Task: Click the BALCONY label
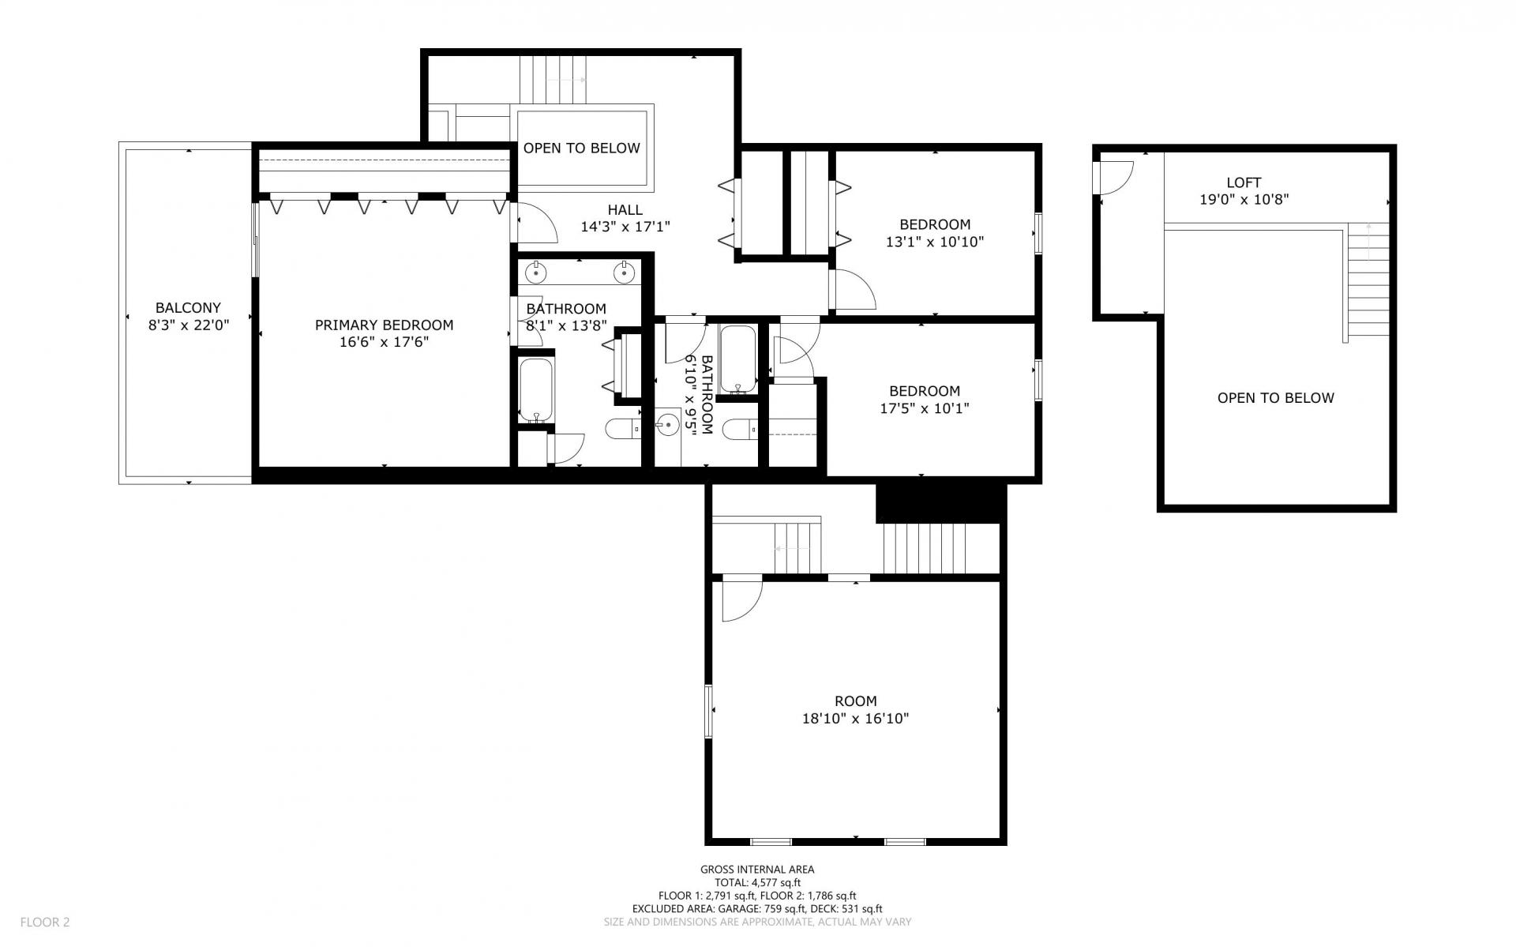pos(188,308)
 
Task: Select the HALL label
pos(625,210)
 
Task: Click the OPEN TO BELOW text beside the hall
pos(581,148)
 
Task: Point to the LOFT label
pos(1244,182)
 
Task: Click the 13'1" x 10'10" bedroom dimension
pos(935,242)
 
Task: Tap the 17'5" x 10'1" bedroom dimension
pos(924,408)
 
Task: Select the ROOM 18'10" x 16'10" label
pos(856,709)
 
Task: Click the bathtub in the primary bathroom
pos(536,391)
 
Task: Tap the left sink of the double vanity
pos(536,272)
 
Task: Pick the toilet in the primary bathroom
pos(624,429)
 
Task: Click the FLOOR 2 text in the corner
pos(45,922)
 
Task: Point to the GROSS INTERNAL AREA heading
pos(756,870)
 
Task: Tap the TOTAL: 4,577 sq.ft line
pos(756,883)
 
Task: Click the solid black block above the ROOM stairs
pos(940,503)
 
